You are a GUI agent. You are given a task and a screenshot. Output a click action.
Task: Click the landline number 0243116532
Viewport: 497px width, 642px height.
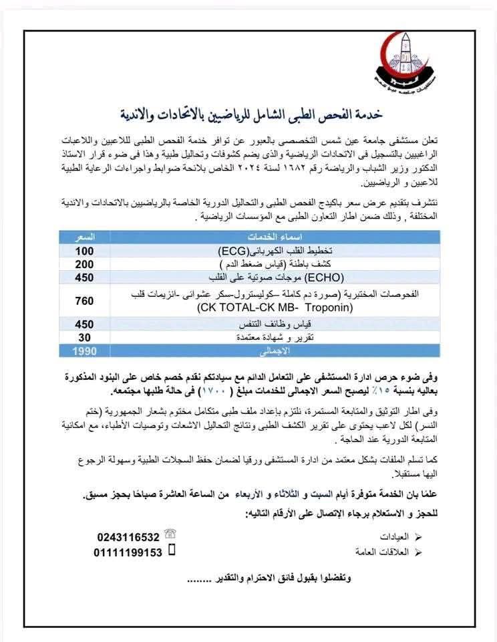pos(128,536)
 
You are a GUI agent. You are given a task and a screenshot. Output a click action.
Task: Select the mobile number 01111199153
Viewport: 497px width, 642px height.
pos(128,552)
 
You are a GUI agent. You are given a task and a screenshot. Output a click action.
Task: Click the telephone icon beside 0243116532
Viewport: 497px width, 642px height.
pos(171,534)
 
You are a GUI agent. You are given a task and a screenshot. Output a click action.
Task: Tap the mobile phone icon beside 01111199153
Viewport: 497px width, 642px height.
pos(171,551)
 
